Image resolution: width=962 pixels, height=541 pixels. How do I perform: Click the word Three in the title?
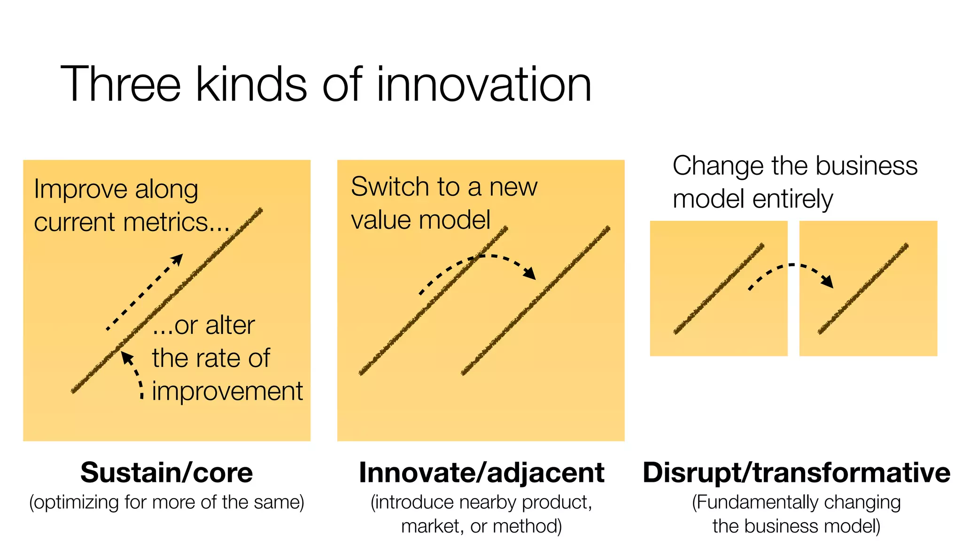[120, 85]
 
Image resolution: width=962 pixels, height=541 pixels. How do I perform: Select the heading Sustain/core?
[166, 472]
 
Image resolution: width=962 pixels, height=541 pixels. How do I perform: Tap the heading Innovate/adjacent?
[481, 472]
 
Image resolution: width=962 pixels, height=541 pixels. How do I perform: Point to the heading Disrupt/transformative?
[796, 472]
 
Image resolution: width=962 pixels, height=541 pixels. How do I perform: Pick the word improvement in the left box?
[227, 392]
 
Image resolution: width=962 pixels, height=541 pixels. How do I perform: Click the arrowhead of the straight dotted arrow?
[178, 259]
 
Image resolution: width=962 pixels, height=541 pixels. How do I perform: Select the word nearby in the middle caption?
[489, 503]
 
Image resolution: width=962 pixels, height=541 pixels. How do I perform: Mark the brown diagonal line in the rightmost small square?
[863, 289]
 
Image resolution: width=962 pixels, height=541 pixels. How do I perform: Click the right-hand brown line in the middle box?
[535, 301]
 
